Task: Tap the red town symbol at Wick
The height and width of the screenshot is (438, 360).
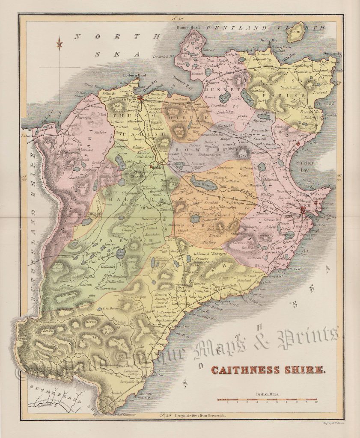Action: pos(305,209)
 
